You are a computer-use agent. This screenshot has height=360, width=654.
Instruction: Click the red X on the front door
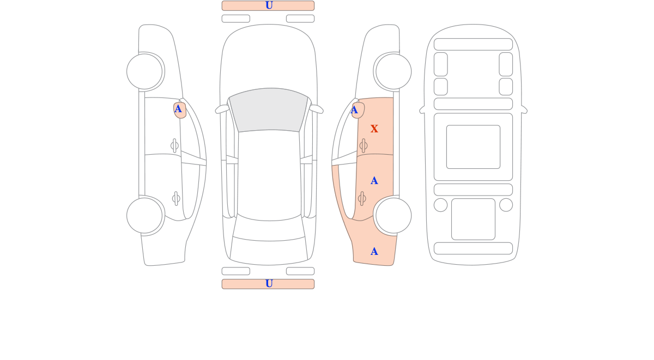[x=374, y=129]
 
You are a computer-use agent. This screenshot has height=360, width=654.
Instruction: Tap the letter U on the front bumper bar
[x=269, y=5]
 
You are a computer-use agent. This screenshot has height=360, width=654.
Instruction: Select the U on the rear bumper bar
[x=269, y=284]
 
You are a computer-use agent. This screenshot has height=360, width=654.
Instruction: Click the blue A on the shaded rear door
[x=374, y=181]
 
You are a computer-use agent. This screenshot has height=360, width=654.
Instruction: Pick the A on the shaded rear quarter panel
[x=374, y=252]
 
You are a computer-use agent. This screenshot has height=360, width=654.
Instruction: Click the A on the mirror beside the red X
[x=354, y=110]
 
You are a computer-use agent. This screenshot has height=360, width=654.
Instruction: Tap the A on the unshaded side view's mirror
[x=178, y=109]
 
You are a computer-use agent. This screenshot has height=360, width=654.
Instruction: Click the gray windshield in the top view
[x=269, y=109]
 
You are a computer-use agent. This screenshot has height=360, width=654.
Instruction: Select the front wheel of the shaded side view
[x=393, y=71]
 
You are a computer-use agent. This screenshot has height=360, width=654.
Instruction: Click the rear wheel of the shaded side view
[x=393, y=216]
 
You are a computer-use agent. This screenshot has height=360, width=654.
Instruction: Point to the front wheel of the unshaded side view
[x=144, y=71]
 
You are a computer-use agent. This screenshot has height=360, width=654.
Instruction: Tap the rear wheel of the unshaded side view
[x=144, y=216]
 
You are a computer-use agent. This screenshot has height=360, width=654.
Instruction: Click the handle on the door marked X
[x=364, y=145]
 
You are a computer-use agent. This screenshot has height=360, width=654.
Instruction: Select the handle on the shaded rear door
[x=362, y=199]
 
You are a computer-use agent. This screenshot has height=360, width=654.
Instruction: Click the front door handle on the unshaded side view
[x=174, y=145]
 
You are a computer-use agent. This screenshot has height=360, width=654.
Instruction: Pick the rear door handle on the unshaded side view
[x=176, y=199]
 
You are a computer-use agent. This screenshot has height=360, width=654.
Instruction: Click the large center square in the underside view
[x=473, y=147]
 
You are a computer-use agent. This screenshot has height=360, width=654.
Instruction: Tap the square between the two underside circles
[x=473, y=219]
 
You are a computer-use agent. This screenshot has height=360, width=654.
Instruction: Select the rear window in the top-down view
[x=269, y=230]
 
